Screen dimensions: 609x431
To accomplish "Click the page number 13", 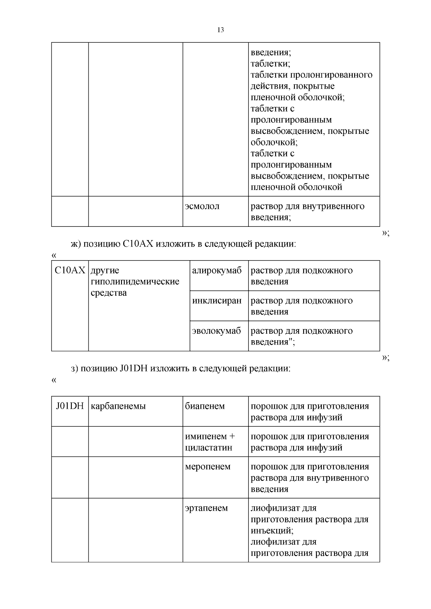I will [x=221, y=30].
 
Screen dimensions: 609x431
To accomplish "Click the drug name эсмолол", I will [x=202, y=206].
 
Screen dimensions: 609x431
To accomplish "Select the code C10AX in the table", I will [x=70, y=270].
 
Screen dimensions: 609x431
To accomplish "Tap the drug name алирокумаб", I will [x=217, y=270].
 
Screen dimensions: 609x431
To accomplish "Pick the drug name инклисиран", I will [x=217, y=300].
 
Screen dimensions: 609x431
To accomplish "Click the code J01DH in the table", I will [x=70, y=406].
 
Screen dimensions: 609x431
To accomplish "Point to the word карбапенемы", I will [x=118, y=406].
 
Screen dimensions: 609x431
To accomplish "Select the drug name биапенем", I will [x=205, y=406].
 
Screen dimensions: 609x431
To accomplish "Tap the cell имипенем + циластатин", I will [x=210, y=442].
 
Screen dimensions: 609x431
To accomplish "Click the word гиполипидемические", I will [x=135, y=281].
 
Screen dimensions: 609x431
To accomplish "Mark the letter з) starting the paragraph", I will [x=74, y=369].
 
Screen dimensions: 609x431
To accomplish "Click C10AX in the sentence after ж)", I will [x=138, y=244].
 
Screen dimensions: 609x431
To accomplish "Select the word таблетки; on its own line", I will [x=270, y=64].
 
